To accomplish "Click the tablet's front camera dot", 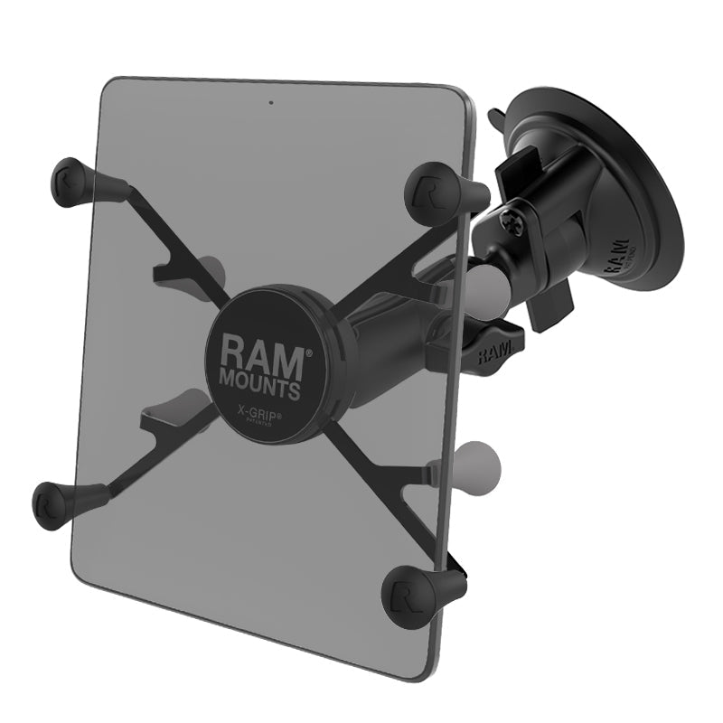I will (x=269, y=100).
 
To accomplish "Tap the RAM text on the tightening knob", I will (x=493, y=350).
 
